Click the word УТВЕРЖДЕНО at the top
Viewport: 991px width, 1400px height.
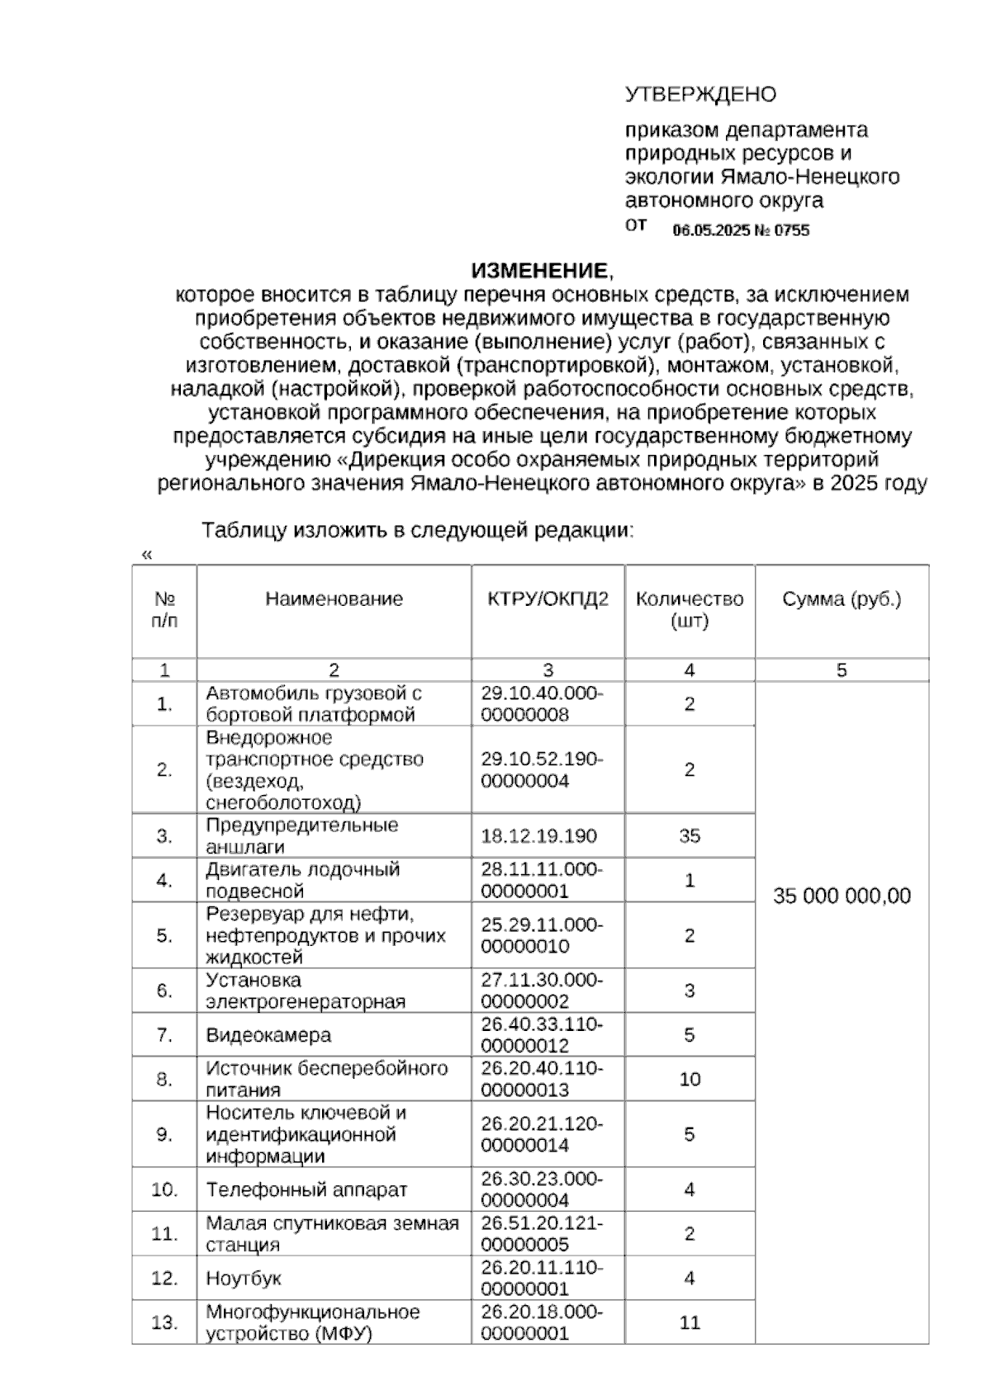click(699, 94)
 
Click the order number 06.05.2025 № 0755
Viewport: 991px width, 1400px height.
click(741, 231)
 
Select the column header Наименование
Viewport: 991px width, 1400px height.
click(334, 599)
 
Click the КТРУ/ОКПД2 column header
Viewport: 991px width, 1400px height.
click(548, 599)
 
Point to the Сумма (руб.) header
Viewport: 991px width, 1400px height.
click(841, 599)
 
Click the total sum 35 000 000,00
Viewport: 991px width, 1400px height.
click(841, 896)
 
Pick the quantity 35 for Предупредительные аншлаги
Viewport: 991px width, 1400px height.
click(690, 836)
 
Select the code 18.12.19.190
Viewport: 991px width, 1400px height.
click(538, 836)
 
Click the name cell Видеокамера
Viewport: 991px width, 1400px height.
click(268, 1035)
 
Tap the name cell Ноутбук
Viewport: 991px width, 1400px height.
click(244, 1279)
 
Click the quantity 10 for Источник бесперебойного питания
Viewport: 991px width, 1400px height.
click(690, 1080)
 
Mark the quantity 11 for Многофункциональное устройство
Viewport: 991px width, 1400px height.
click(690, 1323)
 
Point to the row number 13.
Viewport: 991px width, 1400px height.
click(164, 1323)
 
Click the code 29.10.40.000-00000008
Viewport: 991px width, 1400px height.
click(542, 704)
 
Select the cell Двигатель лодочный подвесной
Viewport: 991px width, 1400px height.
click(302, 880)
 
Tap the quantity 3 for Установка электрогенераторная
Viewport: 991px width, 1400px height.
click(690, 991)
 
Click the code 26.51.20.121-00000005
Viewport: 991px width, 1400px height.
click(542, 1234)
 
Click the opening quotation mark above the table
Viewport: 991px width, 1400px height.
click(147, 555)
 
